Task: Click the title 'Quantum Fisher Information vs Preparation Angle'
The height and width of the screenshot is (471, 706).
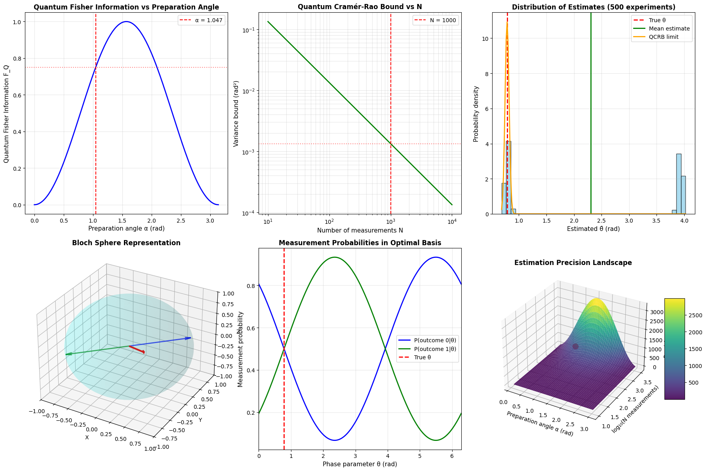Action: pyautogui.click(x=126, y=7)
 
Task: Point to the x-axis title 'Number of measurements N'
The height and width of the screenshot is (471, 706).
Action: pyautogui.click(x=360, y=230)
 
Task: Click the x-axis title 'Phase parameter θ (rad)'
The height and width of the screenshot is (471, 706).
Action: pyautogui.click(x=360, y=464)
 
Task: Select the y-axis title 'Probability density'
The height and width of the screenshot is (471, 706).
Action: pyautogui.click(x=476, y=114)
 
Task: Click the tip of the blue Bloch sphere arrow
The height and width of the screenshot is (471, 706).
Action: pyautogui.click(x=191, y=338)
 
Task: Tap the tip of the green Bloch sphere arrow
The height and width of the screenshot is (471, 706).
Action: pyautogui.click(x=66, y=355)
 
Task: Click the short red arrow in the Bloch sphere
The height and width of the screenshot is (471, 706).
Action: pyautogui.click(x=137, y=349)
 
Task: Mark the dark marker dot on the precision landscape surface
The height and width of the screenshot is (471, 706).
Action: pyautogui.click(x=575, y=347)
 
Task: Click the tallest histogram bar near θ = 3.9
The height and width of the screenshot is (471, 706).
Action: pyautogui.click(x=678, y=184)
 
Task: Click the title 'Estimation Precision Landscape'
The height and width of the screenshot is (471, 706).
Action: pyautogui.click(x=573, y=263)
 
